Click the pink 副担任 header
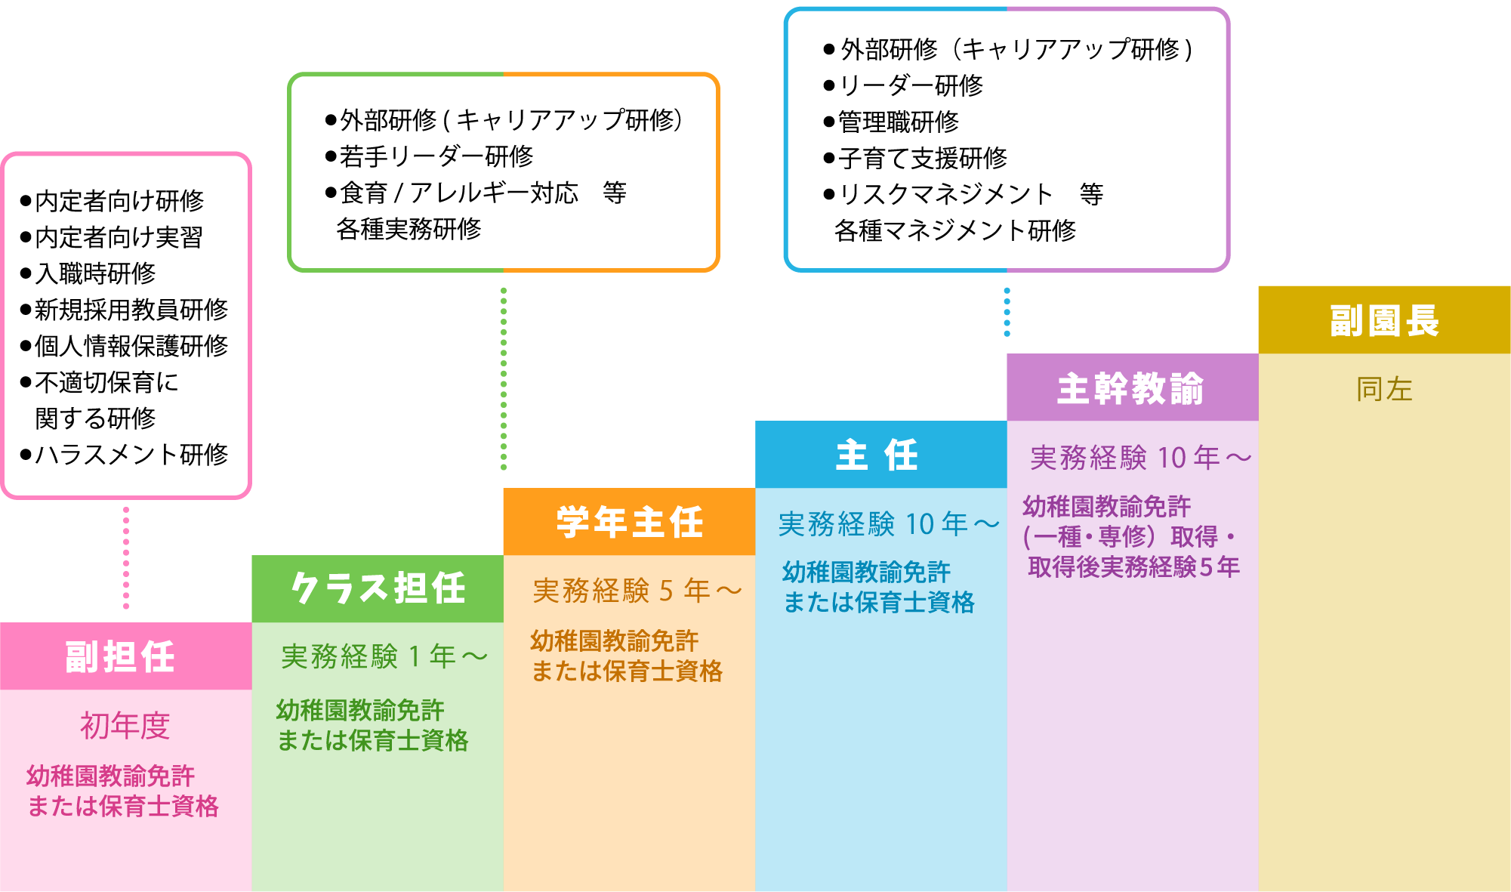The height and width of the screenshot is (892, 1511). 121,656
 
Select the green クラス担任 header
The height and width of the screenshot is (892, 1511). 378,588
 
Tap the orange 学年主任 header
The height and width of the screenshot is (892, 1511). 629,522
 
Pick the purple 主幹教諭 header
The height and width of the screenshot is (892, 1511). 1130,388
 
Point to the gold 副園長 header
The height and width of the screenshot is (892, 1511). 1384,320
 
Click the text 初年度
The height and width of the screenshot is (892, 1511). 125,726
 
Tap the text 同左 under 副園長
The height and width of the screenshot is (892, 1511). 1384,389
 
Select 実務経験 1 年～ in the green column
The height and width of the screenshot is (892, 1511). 384,656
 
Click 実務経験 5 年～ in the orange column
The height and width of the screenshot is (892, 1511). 637,591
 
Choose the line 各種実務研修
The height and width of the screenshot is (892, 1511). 409,229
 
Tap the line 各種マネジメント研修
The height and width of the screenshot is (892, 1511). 954,230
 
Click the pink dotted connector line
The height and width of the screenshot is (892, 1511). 126,559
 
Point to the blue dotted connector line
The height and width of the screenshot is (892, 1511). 1007,311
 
